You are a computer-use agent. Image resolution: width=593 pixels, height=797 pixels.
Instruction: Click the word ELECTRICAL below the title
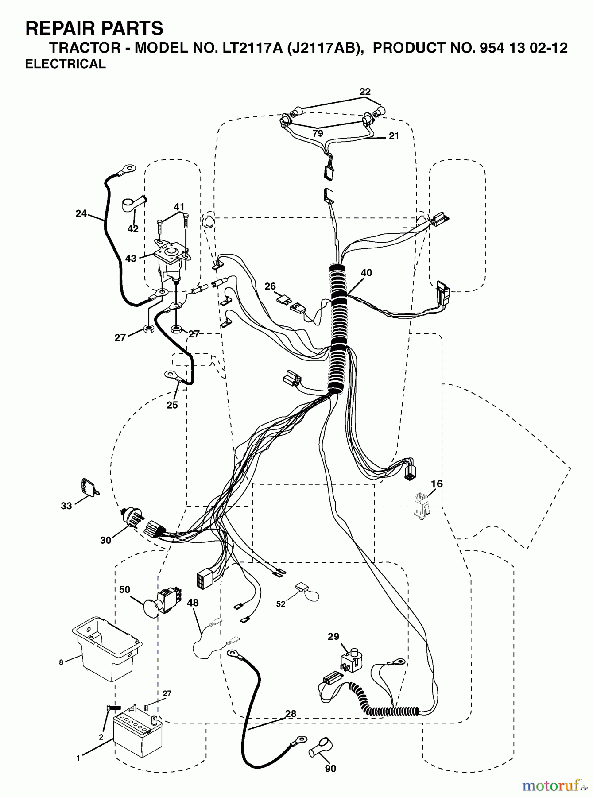pyautogui.click(x=66, y=64)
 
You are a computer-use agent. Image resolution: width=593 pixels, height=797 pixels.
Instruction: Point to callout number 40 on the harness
pyautogui.click(x=366, y=273)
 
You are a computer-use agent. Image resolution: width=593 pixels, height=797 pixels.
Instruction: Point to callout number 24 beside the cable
pyautogui.click(x=81, y=213)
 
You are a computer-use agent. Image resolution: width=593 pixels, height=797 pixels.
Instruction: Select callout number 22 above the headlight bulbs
pyautogui.click(x=364, y=92)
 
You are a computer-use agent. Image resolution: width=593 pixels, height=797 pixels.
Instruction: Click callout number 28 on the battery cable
pyautogui.click(x=291, y=714)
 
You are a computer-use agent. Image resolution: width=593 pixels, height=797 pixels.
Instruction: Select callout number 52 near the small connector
pyautogui.click(x=281, y=604)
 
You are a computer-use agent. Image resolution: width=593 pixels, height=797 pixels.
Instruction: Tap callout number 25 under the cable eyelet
pyautogui.click(x=172, y=405)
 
